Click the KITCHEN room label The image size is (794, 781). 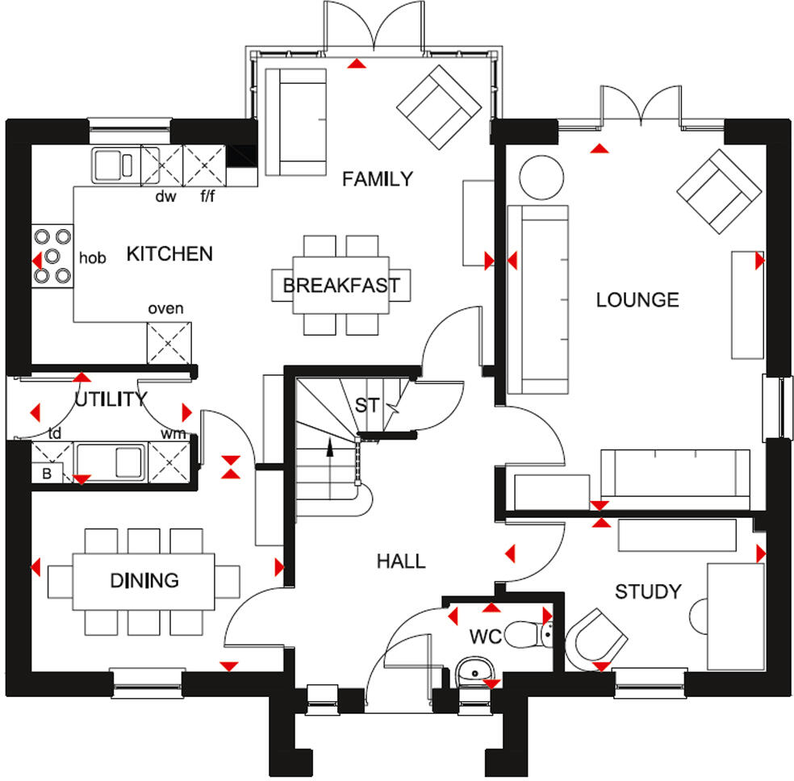[x=169, y=254]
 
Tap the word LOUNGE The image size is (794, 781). [x=637, y=300]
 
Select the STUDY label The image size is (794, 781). [x=648, y=592]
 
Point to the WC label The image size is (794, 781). [x=487, y=637]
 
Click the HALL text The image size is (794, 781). [x=400, y=562]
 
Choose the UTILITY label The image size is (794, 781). [x=111, y=399]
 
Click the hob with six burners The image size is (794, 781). [x=52, y=256]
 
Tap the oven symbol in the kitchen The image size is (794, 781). [x=169, y=342]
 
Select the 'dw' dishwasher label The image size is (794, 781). [x=165, y=196]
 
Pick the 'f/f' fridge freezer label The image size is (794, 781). [x=207, y=196]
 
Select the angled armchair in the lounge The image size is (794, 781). [x=719, y=190]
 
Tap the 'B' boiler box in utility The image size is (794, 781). [x=47, y=474]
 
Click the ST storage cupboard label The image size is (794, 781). [x=367, y=405]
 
